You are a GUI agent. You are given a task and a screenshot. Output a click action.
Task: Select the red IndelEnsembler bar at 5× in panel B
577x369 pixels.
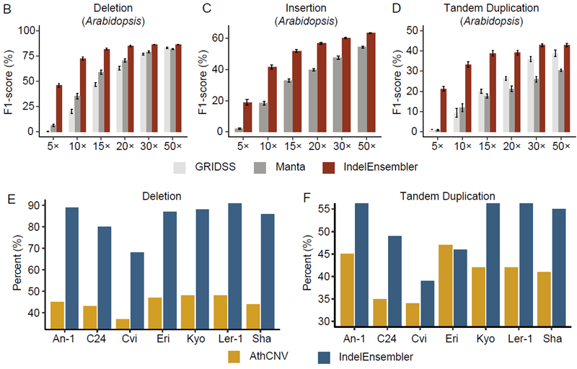point(59,108)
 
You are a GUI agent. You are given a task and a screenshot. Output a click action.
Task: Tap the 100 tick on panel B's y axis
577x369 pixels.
point(31,30)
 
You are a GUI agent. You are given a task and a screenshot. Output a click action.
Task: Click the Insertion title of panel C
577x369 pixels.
point(304,9)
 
